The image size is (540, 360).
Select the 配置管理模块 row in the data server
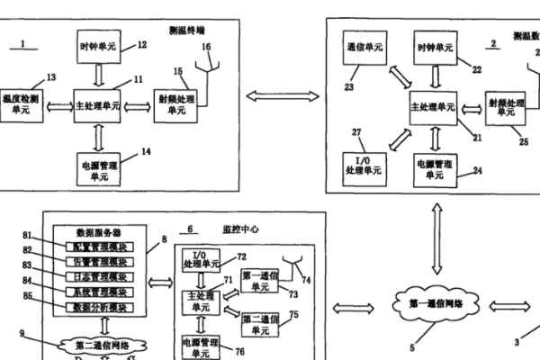(99, 246)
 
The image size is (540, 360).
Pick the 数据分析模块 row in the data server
(99, 307)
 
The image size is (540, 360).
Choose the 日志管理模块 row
(99, 276)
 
